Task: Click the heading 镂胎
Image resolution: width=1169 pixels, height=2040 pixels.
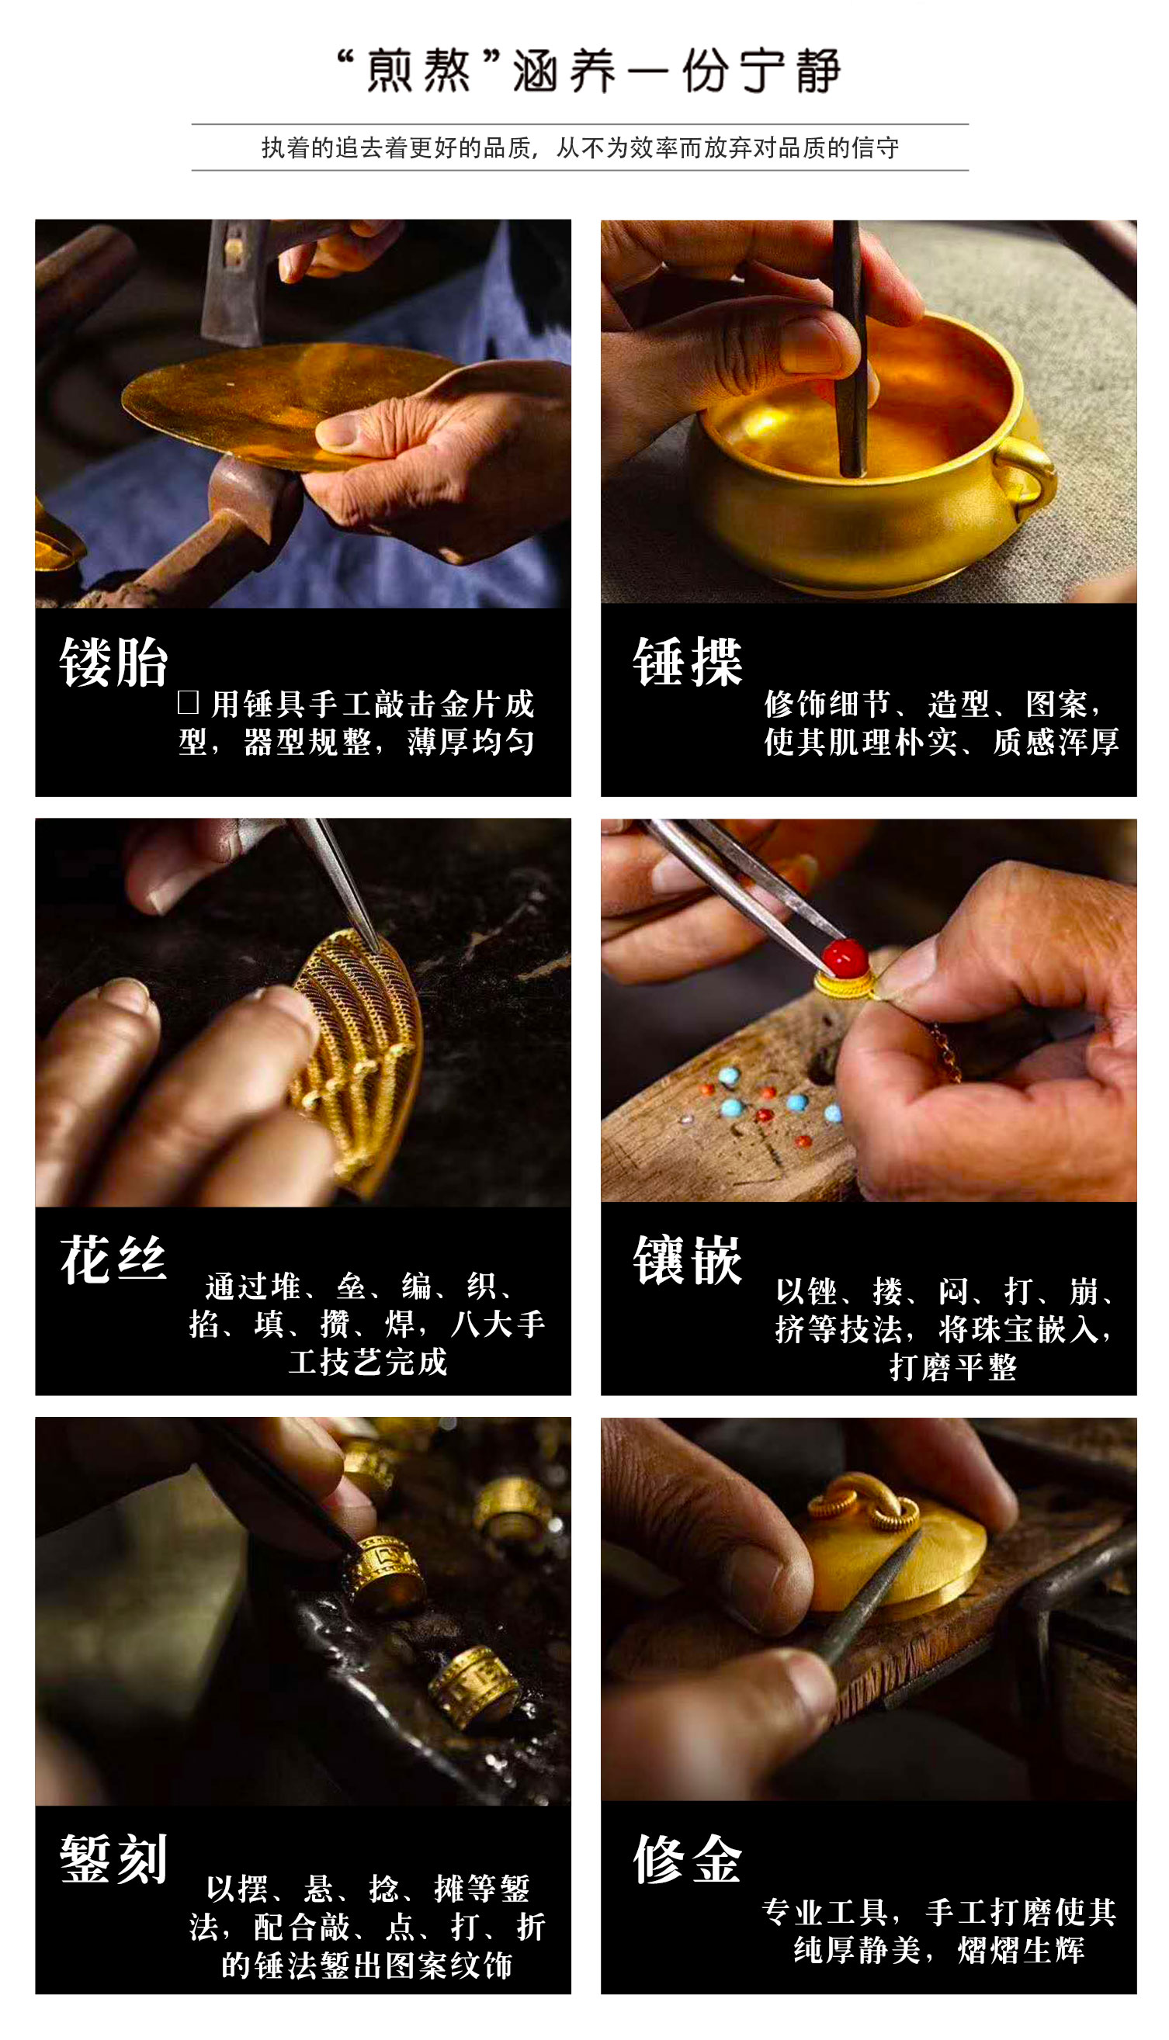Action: click(x=114, y=662)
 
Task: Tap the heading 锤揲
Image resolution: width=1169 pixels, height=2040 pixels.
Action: click(x=687, y=662)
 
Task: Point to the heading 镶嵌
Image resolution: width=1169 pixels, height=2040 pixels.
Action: click(x=687, y=1260)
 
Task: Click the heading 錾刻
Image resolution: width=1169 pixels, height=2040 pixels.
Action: click(x=114, y=1858)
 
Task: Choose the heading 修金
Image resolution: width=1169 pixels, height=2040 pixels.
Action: click(x=687, y=1858)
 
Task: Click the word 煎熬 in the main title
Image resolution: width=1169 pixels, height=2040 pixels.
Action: click(x=418, y=71)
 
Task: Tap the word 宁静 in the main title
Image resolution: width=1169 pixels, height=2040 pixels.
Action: click(x=790, y=71)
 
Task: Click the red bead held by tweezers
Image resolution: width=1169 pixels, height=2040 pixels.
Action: click(x=844, y=955)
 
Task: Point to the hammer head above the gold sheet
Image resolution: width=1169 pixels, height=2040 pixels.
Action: click(x=233, y=281)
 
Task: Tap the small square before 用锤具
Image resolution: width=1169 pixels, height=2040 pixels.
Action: click(x=188, y=703)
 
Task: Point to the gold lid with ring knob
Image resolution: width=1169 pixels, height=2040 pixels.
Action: click(x=891, y=1553)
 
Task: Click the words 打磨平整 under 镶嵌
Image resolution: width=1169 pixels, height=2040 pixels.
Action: click(x=953, y=1367)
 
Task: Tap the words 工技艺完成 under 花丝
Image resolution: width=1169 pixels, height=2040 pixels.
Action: click(x=368, y=1362)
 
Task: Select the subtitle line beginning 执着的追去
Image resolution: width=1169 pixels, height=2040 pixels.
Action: click(x=580, y=147)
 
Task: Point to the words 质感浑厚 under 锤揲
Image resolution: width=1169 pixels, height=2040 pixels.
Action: click(x=1056, y=742)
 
